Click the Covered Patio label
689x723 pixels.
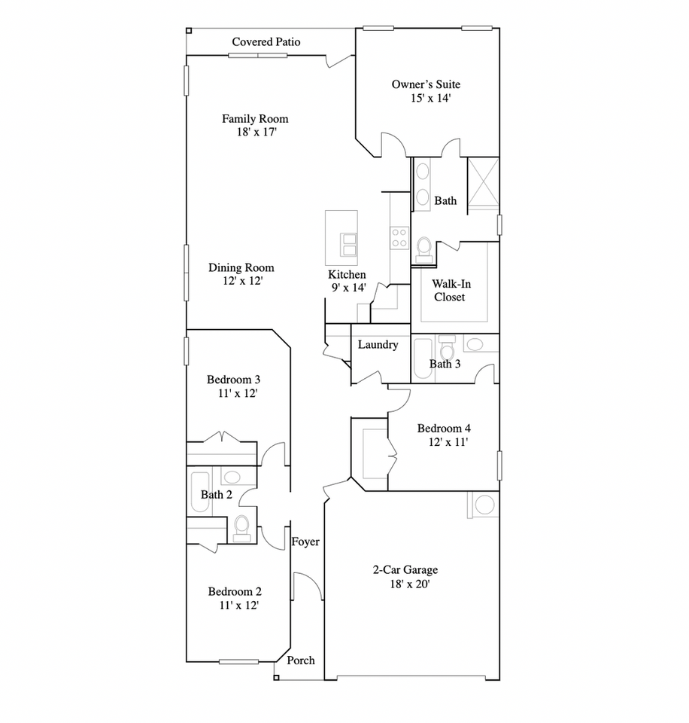click(266, 41)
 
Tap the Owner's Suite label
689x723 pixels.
click(426, 84)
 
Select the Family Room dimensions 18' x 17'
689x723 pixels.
click(254, 132)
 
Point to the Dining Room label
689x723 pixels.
click(241, 267)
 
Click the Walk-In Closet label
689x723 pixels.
click(449, 291)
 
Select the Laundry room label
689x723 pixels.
click(378, 345)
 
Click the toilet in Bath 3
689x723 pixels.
click(448, 350)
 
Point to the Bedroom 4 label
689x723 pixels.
click(445, 429)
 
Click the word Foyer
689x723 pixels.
click(305, 541)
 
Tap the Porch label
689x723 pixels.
click(301, 660)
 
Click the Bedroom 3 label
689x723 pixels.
click(234, 380)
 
